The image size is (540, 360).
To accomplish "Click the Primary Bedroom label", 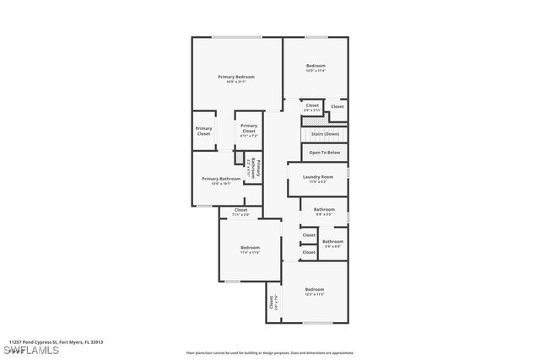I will point(235,77).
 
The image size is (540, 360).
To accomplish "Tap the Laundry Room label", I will point(318,177).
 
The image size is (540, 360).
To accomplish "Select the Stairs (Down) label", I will point(326,133).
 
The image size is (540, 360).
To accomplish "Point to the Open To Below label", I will point(325,153).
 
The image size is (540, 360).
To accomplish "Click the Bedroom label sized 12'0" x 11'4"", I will point(316,66).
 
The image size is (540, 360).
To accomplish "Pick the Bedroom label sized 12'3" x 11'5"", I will point(315,290).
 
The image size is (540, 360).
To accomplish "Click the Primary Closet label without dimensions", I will point(204,132).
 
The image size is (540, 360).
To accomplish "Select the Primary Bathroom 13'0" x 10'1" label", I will point(221,179).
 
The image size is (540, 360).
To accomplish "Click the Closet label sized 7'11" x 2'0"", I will point(240,210).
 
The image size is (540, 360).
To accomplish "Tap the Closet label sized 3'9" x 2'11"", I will point(312,106).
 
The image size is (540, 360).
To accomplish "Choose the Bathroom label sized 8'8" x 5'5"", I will point(324,210).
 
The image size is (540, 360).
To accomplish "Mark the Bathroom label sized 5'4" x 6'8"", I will point(332,242).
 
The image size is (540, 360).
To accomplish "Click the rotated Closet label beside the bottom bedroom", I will point(272,302).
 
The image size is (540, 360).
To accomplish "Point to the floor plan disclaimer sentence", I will point(269,353).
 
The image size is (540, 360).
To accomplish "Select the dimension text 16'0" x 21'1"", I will point(235,82).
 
